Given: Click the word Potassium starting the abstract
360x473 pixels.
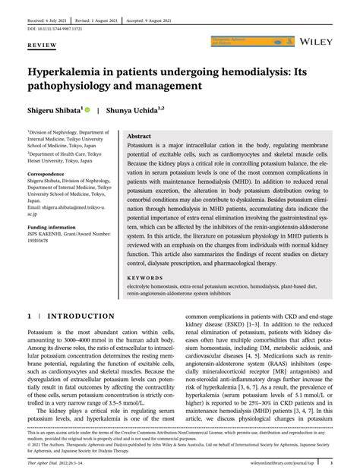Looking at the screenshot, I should coord(143,144).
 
